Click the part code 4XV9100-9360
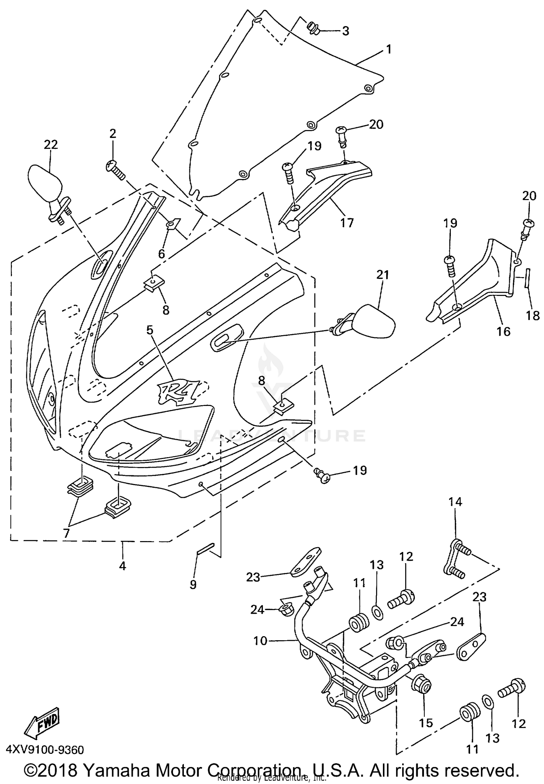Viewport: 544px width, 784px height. click(x=45, y=750)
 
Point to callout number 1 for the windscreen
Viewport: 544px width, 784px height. click(x=388, y=49)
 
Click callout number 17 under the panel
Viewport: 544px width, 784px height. click(x=347, y=222)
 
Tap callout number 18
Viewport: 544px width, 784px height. click(x=532, y=315)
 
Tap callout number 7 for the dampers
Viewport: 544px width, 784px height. click(x=66, y=533)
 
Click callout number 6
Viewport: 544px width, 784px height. click(x=161, y=253)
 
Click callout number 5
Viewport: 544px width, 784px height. click(x=150, y=330)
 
